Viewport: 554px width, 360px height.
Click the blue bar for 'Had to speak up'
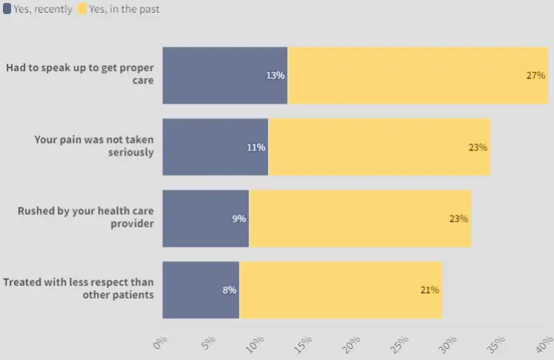pos(224,75)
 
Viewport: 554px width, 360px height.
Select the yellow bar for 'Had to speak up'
pos(418,75)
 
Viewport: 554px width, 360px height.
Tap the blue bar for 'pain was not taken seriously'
pos(215,147)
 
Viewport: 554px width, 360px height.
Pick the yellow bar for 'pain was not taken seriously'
pos(379,147)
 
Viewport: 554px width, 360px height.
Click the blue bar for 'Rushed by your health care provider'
pos(205,219)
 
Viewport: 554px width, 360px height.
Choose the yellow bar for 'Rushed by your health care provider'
pos(360,219)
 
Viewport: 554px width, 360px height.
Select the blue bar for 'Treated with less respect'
pos(201,290)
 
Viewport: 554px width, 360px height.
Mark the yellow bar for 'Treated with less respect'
pos(341,290)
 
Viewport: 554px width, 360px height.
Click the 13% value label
pos(276,76)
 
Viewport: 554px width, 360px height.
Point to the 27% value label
pos(535,76)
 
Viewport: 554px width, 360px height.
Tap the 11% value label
pos(256,147)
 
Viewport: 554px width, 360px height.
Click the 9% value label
pos(239,219)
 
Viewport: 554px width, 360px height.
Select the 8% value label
pos(230,290)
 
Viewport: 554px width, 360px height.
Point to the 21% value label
pos(430,290)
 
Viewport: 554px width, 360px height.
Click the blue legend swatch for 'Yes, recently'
pos(7,10)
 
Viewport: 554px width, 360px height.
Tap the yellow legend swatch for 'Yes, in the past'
pos(82,10)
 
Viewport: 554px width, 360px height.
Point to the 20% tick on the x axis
pos(352,344)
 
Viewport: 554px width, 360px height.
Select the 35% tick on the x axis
pos(497,344)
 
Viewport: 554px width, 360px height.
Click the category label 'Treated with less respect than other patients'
pos(79,288)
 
